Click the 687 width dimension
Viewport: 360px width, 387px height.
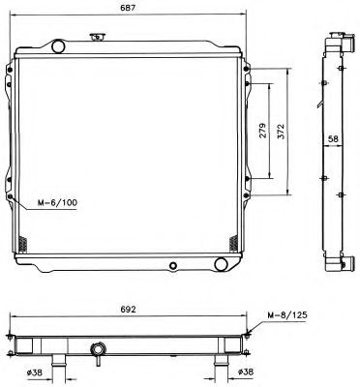(127, 9)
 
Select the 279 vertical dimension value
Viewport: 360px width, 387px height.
(263, 134)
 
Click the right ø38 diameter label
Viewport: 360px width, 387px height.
(246, 372)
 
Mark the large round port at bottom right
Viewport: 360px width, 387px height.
(222, 263)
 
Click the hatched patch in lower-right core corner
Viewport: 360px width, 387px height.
(233, 240)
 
